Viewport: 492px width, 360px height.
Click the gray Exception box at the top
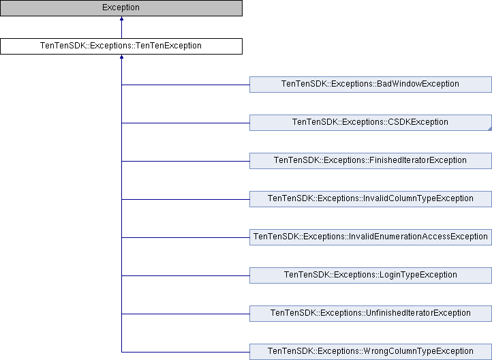click(121, 8)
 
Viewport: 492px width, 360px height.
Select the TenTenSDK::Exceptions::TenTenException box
click(121, 46)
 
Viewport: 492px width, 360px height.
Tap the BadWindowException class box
click(370, 84)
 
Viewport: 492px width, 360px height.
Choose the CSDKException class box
click(370, 122)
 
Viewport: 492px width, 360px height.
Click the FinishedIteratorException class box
click(370, 160)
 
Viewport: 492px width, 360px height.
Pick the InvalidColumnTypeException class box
click(370, 198)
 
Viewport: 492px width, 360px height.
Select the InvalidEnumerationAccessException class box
click(370, 237)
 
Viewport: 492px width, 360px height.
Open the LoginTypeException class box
click(370, 275)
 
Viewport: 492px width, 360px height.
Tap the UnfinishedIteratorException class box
click(370, 313)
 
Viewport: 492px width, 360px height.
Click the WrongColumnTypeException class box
click(370, 351)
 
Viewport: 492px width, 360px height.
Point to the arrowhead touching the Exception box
click(121, 20)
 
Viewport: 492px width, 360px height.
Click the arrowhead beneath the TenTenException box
click(121, 58)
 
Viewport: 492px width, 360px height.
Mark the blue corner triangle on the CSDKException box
click(489, 127)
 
